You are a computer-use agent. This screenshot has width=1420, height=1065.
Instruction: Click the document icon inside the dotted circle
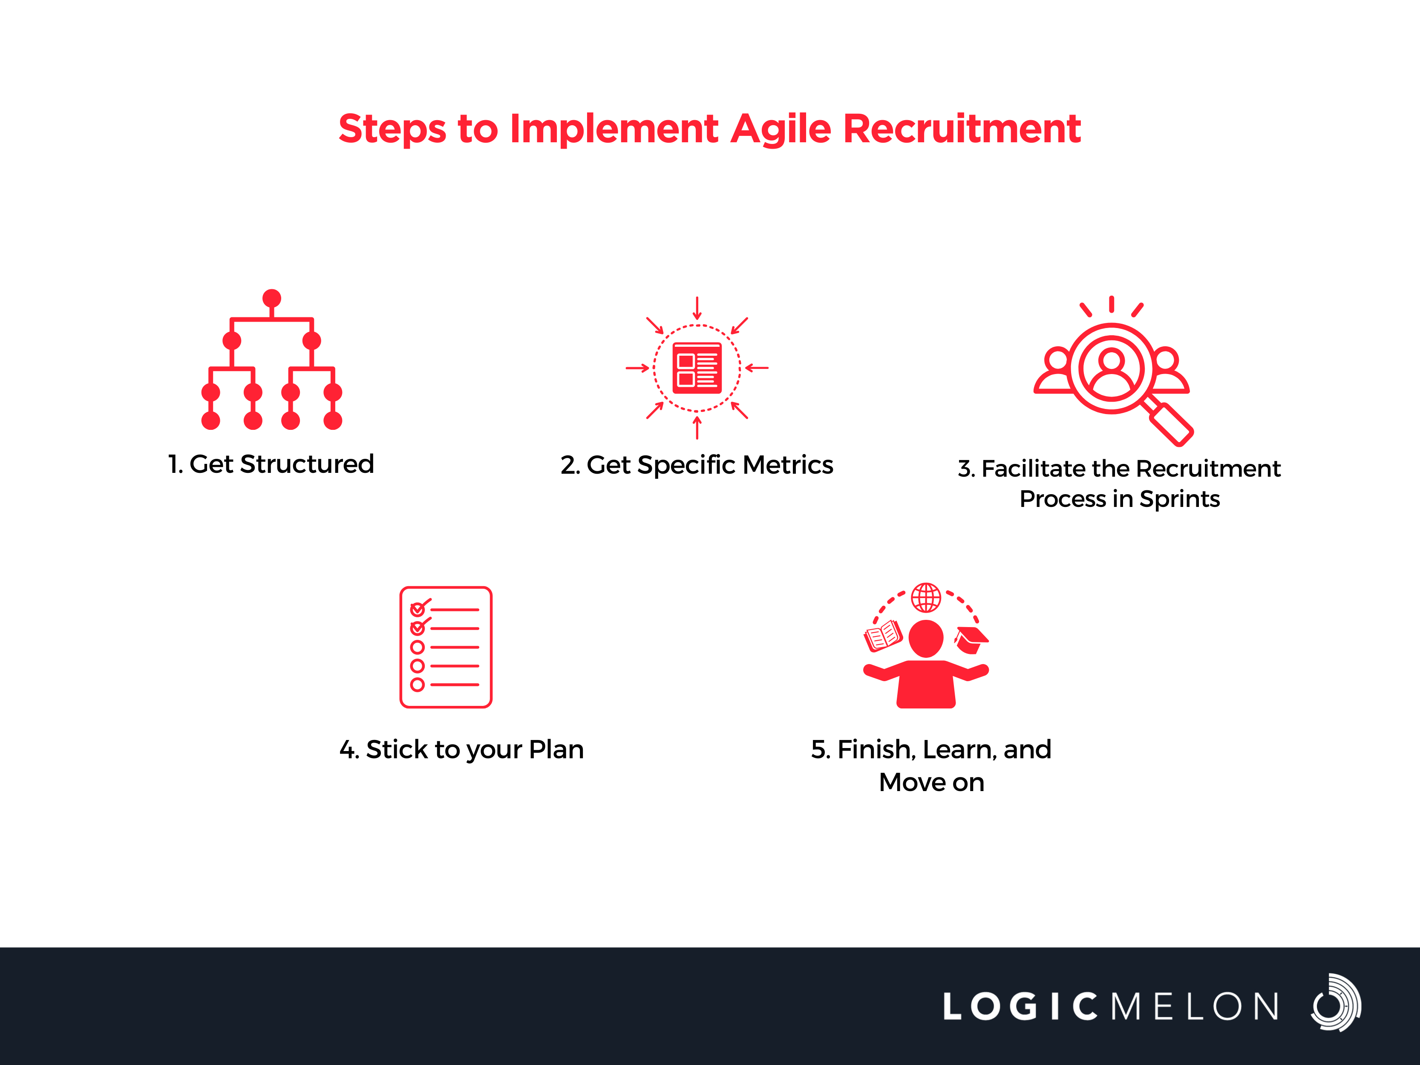[x=697, y=368]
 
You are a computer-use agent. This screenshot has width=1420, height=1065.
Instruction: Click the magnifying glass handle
[x=1170, y=423]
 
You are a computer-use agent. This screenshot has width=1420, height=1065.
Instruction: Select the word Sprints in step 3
[x=1179, y=499]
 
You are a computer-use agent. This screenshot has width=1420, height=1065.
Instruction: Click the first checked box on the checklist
[x=418, y=609]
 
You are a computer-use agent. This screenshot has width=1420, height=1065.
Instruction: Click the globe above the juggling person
[x=926, y=598]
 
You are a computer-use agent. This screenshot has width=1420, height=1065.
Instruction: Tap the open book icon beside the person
[x=883, y=636]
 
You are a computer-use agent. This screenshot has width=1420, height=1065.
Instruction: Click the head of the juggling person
[x=926, y=639]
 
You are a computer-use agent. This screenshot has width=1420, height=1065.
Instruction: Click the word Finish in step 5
[x=877, y=750]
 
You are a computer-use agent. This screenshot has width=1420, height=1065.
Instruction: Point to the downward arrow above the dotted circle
[x=697, y=308]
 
